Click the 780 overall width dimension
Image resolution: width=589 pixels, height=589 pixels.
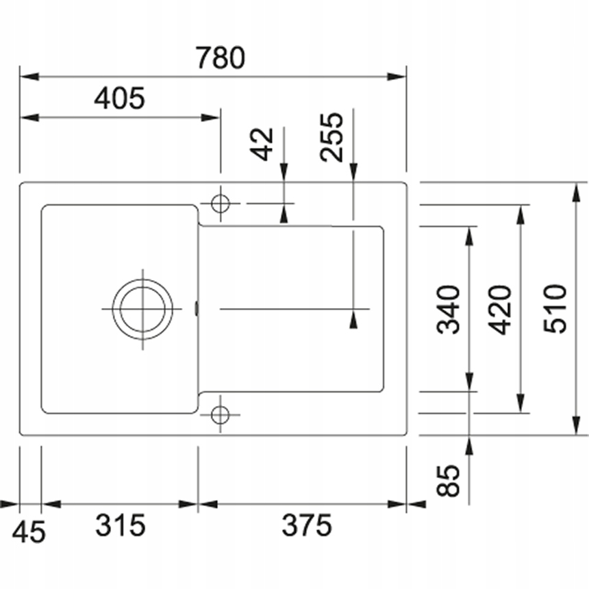click(219, 58)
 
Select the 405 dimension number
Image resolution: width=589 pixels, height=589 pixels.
click(120, 99)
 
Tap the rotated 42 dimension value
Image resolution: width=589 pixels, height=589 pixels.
click(264, 144)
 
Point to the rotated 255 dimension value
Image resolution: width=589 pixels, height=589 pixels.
click(332, 136)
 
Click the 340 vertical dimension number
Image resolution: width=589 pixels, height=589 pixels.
click(449, 310)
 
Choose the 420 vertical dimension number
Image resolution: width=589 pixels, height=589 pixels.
click(502, 310)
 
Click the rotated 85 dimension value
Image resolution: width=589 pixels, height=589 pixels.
click(449, 481)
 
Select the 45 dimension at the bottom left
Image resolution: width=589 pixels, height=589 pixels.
click(30, 531)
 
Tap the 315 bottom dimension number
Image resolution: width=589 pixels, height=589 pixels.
click(121, 526)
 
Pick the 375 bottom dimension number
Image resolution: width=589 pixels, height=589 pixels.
click(306, 526)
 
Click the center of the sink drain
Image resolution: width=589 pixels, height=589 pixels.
click(143, 309)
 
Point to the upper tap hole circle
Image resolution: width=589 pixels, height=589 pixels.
click(220, 203)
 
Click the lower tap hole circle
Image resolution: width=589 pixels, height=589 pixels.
click(220, 414)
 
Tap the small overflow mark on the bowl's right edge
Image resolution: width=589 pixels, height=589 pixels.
click(197, 309)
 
